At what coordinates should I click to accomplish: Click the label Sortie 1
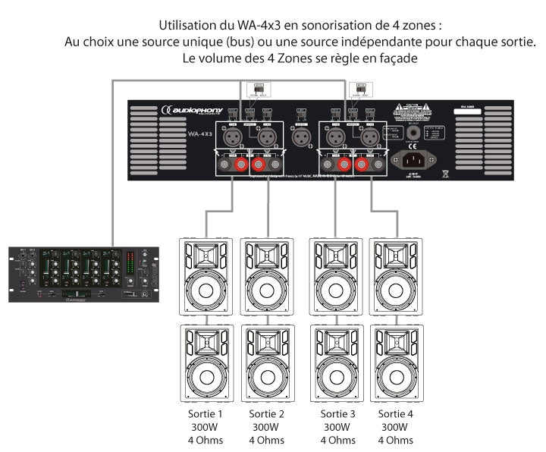point(205,414)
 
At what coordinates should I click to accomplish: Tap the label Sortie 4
point(397,414)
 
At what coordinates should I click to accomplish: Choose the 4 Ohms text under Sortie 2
point(267,440)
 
